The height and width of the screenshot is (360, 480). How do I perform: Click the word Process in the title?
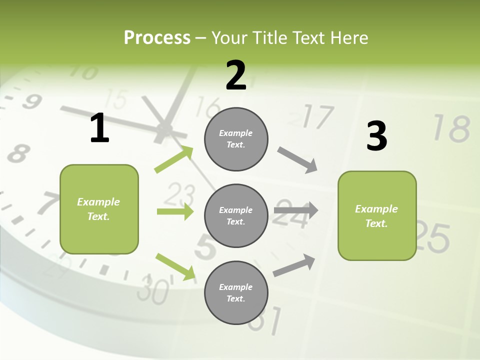157,37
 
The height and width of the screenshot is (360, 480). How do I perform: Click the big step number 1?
99,128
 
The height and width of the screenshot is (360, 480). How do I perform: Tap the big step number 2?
236,75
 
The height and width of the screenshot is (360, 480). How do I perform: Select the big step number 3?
376,136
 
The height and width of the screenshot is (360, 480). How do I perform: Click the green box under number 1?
99,209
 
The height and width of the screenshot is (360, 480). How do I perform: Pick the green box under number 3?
377,215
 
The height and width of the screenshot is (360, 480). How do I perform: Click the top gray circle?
236,139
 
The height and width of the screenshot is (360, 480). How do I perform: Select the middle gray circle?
236,215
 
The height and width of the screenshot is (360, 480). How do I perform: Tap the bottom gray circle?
236,292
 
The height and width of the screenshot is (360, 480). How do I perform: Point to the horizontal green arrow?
175,211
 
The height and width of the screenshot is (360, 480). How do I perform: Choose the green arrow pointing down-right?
175,266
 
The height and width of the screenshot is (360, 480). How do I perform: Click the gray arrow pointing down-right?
297,159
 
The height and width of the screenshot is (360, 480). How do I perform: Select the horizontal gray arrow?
296,210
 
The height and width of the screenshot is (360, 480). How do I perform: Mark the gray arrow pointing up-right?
294,265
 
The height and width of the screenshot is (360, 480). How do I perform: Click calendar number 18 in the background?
451,128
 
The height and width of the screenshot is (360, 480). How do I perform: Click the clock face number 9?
31,101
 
